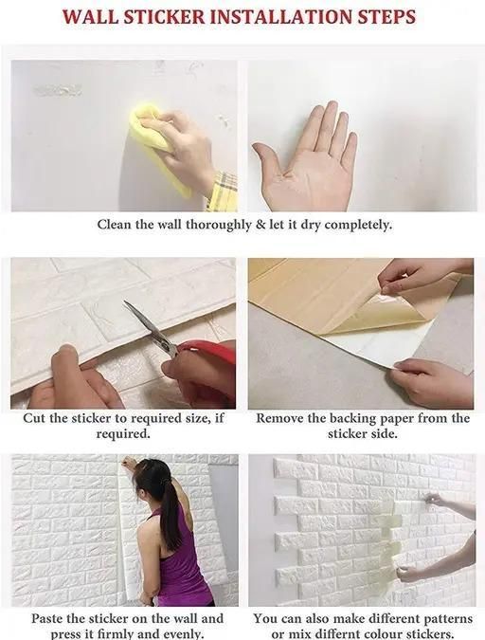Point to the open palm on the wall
pyautogui.click(x=307, y=159)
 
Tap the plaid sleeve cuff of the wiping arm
pyautogui.click(x=223, y=192)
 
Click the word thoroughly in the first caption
pyautogui.click(x=218, y=226)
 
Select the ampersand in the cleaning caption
pyautogui.click(x=260, y=225)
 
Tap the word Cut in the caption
pyautogui.click(x=34, y=418)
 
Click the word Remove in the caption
pyautogui.click(x=279, y=418)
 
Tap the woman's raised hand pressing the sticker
pyautogui.click(x=129, y=463)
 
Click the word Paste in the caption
pyautogui.click(x=47, y=618)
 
